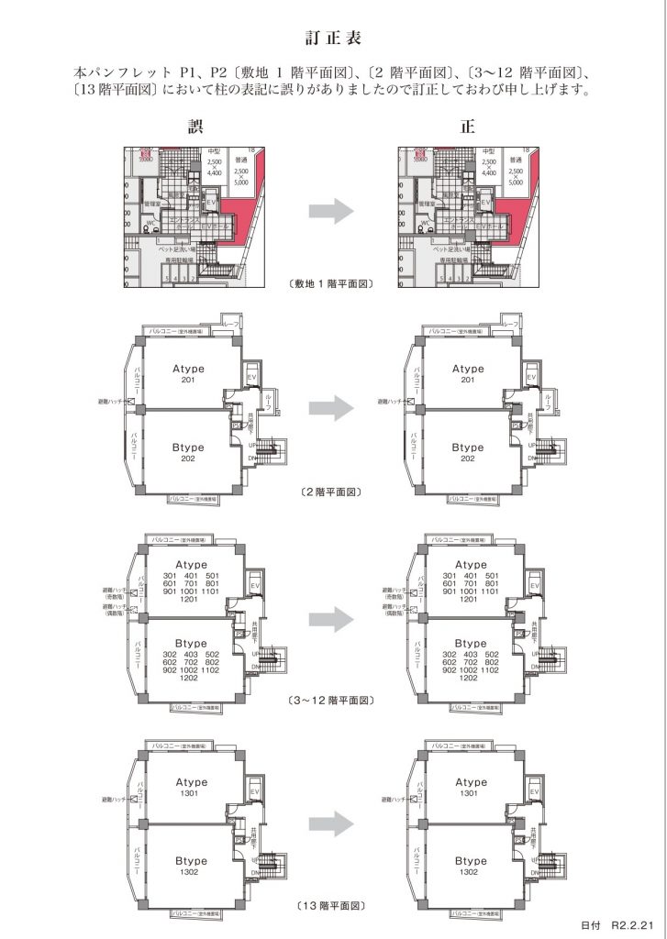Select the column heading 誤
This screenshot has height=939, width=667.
click(195, 127)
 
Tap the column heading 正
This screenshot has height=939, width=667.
click(468, 127)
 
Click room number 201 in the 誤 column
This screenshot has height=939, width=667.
click(188, 381)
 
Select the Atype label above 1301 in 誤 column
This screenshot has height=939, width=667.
click(190, 781)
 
